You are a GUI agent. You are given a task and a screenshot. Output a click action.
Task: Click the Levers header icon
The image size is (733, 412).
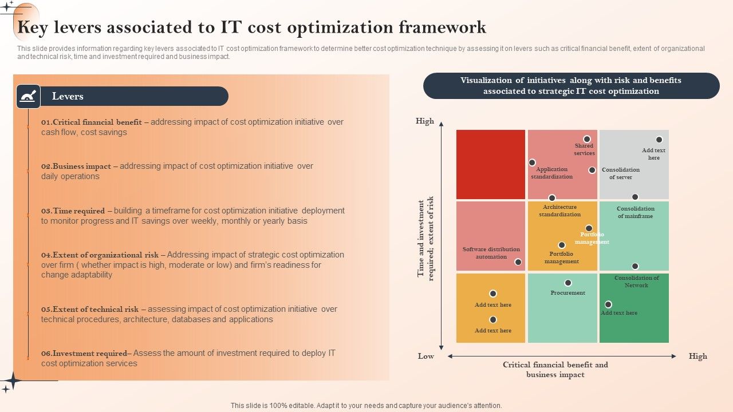click(x=28, y=96)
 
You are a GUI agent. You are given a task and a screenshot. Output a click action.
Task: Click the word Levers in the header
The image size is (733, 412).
click(x=68, y=96)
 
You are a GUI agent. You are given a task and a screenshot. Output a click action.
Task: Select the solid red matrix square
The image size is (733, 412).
click(x=490, y=164)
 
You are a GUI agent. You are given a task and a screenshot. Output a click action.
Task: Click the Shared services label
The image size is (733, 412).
click(x=584, y=149)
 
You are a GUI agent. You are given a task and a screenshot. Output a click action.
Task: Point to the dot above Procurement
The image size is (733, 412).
click(x=568, y=283)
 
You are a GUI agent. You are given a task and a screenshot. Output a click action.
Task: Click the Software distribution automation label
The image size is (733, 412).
click(x=491, y=253)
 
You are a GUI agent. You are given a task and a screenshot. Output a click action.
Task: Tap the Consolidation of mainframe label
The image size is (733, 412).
click(x=635, y=212)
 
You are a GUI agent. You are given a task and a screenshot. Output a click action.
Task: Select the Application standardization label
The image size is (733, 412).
click(x=551, y=173)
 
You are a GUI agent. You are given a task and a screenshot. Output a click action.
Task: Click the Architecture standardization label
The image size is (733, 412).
click(x=559, y=211)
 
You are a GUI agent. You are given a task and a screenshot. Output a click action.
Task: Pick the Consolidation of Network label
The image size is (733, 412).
click(x=636, y=282)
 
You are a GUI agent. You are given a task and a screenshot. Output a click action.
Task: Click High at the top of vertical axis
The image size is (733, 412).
click(x=425, y=121)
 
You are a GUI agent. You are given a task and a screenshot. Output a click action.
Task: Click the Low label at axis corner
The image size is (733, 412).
click(x=425, y=356)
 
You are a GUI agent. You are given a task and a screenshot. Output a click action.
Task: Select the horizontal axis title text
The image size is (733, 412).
click(x=555, y=369)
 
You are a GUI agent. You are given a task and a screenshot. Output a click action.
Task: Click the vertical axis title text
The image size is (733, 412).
click(x=425, y=237)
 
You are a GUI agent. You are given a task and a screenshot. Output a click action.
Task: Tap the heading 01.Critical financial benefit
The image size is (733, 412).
click(x=92, y=122)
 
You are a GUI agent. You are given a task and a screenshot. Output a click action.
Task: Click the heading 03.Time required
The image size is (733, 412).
click(x=73, y=211)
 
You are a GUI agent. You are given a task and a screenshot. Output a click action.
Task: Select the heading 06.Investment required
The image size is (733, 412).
click(x=86, y=353)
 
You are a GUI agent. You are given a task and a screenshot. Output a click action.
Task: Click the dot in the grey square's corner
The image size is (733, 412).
click(x=659, y=140)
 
